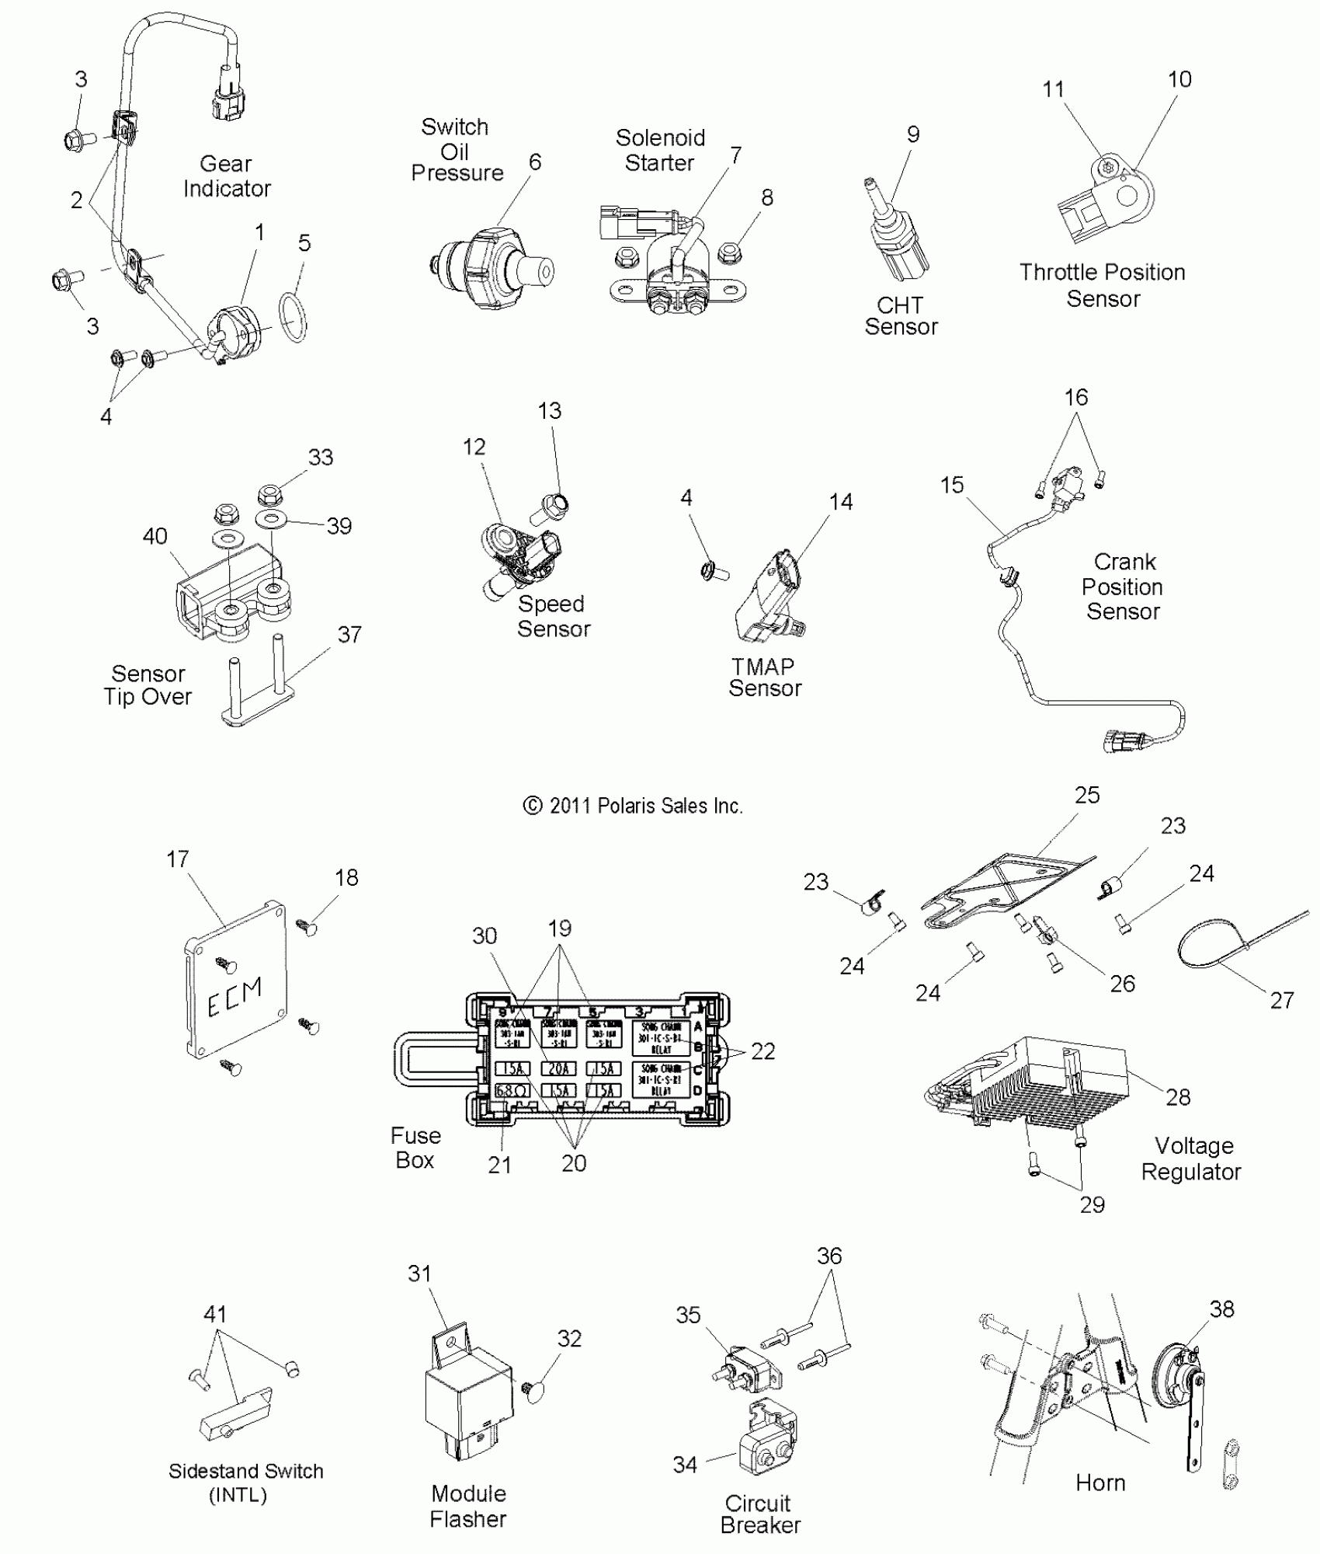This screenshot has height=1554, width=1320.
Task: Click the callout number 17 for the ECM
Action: point(177,859)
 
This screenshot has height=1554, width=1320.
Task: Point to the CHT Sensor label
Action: point(901,316)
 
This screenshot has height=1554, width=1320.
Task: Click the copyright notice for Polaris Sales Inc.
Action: point(634,806)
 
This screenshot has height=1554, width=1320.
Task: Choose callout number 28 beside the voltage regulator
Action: point(1178,1097)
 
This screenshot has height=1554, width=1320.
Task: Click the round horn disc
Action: point(1172,1383)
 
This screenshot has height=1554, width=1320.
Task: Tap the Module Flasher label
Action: point(468,1506)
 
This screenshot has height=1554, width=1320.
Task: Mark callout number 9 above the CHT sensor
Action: point(913,134)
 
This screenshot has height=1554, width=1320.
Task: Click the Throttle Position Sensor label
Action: point(1103,285)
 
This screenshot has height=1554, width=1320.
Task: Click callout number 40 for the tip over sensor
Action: point(155,536)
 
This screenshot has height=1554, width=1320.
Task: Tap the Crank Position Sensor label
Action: point(1123,587)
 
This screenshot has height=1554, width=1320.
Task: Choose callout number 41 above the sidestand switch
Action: point(215,1314)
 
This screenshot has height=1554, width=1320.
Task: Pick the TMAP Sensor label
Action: point(764,678)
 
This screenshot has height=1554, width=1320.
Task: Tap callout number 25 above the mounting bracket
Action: point(1087,795)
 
